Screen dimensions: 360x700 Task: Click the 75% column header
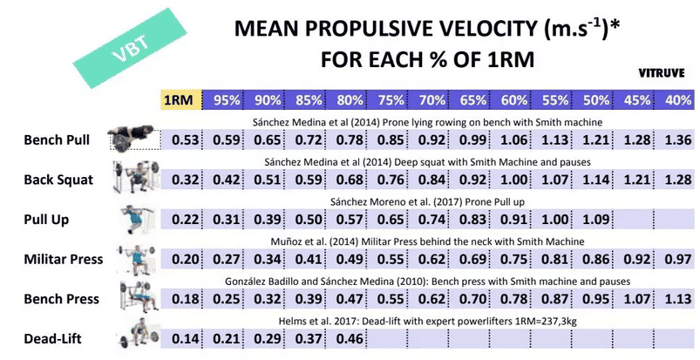click(391, 100)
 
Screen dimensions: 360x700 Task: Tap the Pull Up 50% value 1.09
click(596, 219)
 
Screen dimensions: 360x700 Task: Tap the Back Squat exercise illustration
click(131, 177)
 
